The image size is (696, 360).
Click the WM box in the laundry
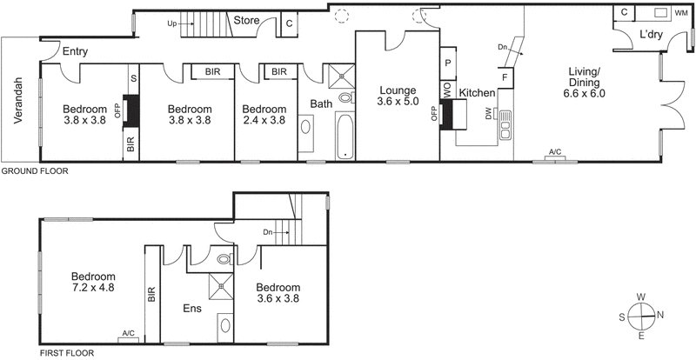tap(680, 14)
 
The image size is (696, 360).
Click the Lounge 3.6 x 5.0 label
tap(397, 97)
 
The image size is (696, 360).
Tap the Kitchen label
tap(477, 93)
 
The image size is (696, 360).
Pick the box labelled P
tap(448, 63)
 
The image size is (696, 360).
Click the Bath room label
tap(321, 105)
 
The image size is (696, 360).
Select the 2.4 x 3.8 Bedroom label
tap(264, 115)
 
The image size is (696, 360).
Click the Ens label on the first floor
tap(192, 308)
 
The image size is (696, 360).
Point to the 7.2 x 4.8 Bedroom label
tap(92, 283)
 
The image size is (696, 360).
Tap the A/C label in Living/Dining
tap(554, 154)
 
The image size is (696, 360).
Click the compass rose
tap(641, 316)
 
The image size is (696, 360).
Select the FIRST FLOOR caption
tap(67, 354)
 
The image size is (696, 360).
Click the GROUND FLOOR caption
tap(34, 171)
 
